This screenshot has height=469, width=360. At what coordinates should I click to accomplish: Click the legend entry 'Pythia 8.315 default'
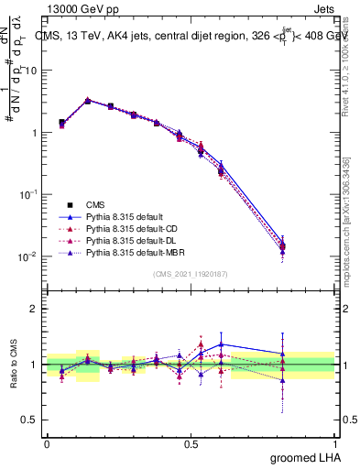pyautogui.click(x=127, y=216)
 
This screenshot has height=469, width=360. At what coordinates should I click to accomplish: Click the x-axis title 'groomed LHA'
pyautogui.click(x=304, y=457)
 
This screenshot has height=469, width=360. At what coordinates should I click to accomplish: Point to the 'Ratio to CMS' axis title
pyautogui.click(x=14, y=365)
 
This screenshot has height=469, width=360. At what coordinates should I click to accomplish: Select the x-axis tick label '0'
pyautogui.click(x=47, y=442)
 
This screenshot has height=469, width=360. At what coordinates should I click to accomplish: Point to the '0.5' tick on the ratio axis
pyautogui.click(x=28, y=420)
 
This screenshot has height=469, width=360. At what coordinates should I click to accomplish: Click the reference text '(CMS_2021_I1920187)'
pyautogui.click(x=191, y=274)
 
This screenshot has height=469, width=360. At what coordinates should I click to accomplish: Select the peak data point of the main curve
pyautogui.click(x=87, y=100)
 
